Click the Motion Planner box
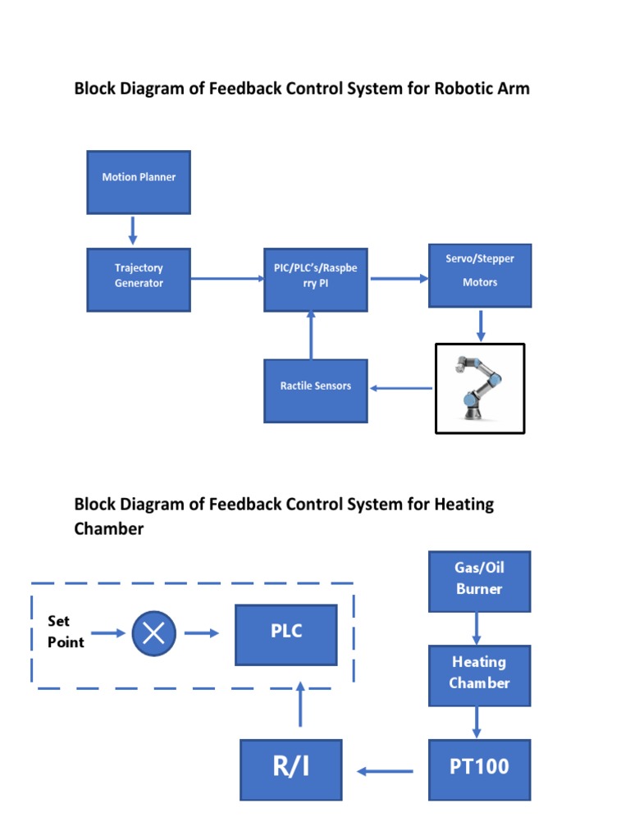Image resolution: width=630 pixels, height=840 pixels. coord(139,182)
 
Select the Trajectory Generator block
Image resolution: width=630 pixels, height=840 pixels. coord(139,280)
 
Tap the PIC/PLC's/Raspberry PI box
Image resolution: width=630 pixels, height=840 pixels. coord(315,280)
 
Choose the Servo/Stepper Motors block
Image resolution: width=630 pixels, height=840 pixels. coord(480,276)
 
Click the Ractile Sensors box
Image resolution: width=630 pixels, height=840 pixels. coord(315,390)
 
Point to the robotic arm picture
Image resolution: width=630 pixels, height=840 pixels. coord(480,387)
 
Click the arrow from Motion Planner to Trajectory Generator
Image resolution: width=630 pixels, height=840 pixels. coord(133,231)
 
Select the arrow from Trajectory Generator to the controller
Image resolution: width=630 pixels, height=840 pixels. coord(227,279)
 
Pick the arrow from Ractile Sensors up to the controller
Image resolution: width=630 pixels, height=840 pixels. coord(310,335)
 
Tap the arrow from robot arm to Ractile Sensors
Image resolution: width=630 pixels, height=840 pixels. coord(400,388)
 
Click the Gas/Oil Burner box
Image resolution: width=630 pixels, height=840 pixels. coord(479,582)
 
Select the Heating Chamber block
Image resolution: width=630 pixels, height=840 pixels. coord(479,675)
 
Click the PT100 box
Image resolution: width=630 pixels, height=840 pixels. coord(479,769)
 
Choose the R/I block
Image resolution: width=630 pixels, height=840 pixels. coord(291,769)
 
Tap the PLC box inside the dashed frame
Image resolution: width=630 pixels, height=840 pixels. coord(286,635)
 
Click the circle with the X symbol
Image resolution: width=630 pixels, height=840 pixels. coord(154,633)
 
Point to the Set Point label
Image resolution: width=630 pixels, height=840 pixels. coord(66,632)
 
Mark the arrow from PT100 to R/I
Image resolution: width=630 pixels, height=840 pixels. coord(385,770)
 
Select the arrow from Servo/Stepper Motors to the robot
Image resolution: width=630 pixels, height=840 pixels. coord(481,325)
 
